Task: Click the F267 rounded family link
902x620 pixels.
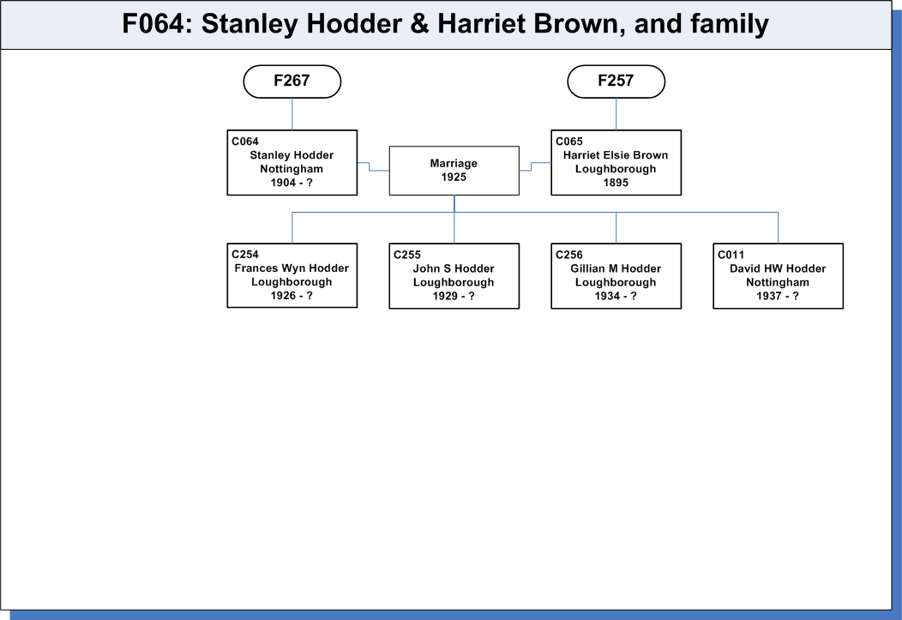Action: click(292, 81)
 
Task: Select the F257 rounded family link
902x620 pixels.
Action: click(616, 81)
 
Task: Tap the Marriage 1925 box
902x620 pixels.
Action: click(454, 171)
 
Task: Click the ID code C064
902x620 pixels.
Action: click(245, 141)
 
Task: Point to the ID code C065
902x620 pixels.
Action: click(569, 141)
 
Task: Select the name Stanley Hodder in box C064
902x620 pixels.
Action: click(292, 155)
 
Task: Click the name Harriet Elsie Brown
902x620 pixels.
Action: click(616, 155)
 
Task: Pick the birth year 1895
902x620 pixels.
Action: click(616, 183)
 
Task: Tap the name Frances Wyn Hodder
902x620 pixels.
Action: click(292, 268)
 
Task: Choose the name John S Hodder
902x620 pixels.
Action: click(454, 268)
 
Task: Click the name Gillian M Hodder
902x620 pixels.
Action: click(616, 268)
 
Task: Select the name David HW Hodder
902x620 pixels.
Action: click(778, 268)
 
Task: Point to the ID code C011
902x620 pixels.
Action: click(731, 255)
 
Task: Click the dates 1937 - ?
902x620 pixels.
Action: click(778, 296)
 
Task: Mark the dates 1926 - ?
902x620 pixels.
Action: click(292, 296)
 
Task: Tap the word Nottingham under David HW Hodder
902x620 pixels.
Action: click(778, 282)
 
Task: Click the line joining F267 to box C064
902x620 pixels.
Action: click(292, 114)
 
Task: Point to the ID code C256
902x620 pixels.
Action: click(569, 255)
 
